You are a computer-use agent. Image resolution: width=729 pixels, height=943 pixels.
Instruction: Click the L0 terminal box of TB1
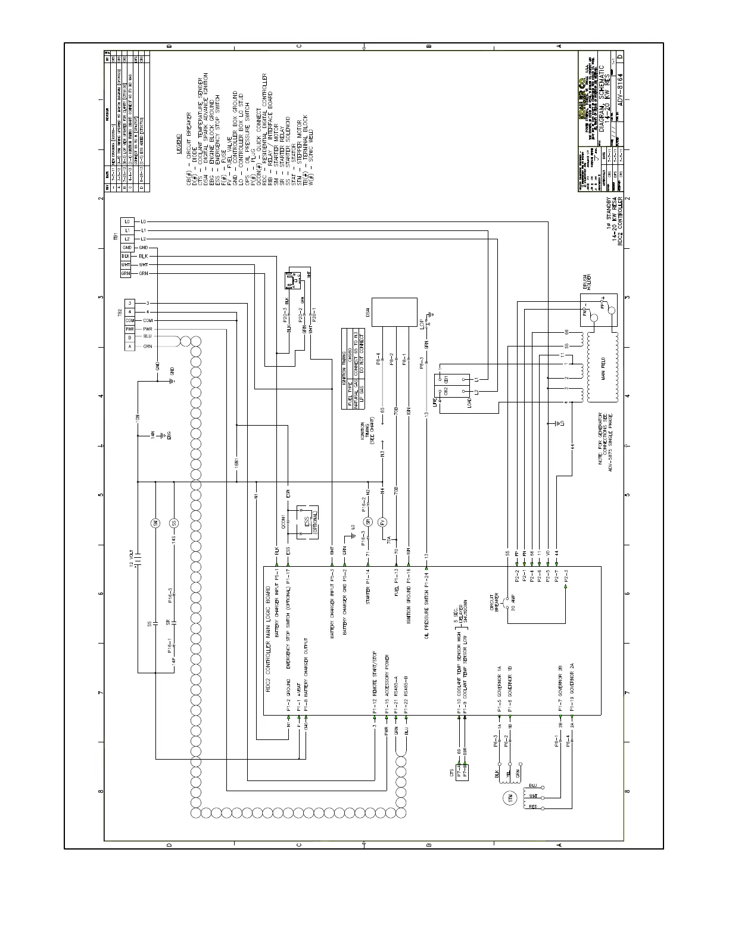coord(127,221)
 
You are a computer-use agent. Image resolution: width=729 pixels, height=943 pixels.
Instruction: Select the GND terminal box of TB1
coord(127,247)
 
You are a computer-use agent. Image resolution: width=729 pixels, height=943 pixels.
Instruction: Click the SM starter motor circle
coord(155,523)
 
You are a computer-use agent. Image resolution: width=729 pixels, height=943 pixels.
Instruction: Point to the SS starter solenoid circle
coord(174,523)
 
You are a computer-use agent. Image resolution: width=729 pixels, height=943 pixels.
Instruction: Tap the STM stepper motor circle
coord(509,798)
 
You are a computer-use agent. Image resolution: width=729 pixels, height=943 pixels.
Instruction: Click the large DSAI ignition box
coord(395,311)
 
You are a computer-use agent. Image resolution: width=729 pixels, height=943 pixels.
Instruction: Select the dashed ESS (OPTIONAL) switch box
coord(307,522)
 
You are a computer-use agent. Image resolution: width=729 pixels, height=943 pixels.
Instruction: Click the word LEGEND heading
coord(179,144)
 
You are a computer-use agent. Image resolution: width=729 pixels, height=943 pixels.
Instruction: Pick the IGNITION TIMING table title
coord(344,368)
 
